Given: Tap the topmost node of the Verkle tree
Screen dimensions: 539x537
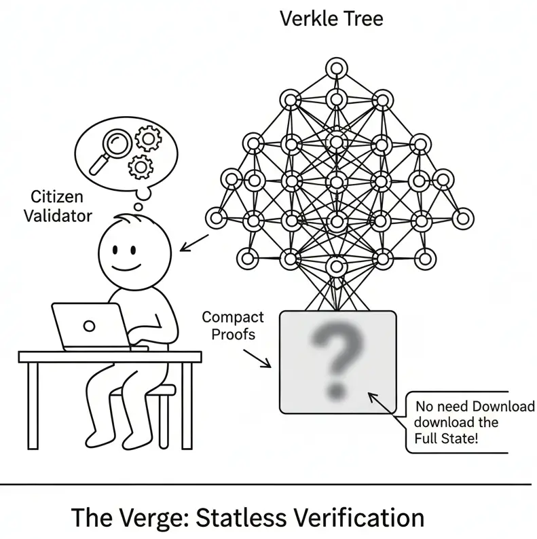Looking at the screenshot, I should pyautogui.click(x=335, y=67).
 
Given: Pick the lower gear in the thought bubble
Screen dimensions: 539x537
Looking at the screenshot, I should pyautogui.click(x=141, y=165).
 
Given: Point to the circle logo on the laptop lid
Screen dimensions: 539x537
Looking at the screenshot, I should pyautogui.click(x=88, y=325).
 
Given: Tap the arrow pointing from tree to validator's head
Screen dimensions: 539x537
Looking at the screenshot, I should pyautogui.click(x=194, y=241).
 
